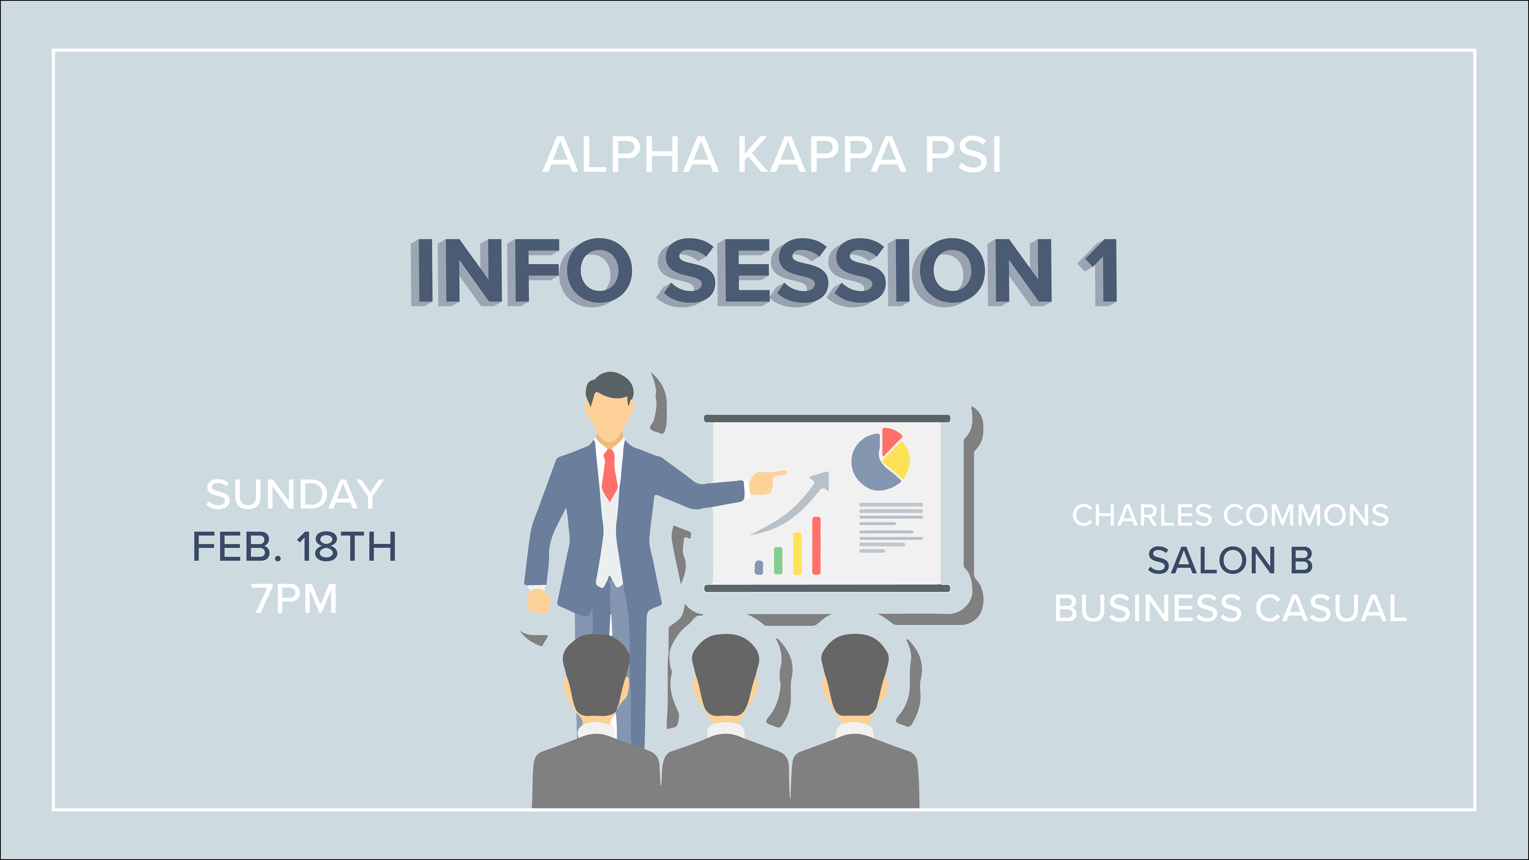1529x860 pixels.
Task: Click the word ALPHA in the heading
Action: click(630, 155)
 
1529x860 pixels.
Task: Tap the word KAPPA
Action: click(822, 155)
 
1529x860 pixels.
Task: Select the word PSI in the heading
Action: click(963, 155)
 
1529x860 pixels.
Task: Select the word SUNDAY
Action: click(295, 495)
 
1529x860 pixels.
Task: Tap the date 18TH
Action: click(346, 546)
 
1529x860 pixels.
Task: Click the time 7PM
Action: click(295, 598)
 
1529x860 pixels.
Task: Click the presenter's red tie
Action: click(610, 475)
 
